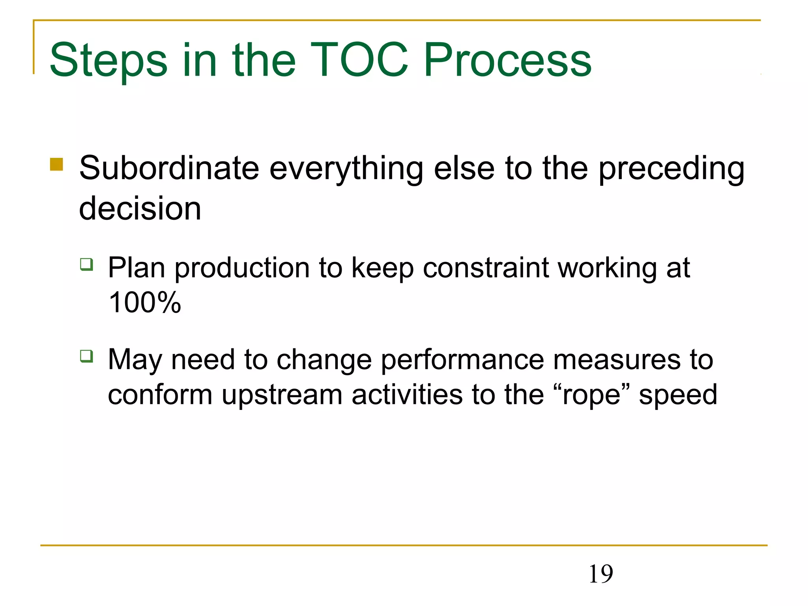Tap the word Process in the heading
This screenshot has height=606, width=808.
point(507,60)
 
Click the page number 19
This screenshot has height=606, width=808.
point(600,574)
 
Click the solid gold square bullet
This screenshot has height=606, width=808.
point(56,164)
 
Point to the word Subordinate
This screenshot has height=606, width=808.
point(169,168)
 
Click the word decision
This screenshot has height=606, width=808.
point(140,208)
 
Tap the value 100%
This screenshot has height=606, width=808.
point(144,303)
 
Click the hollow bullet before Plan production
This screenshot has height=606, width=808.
point(86,264)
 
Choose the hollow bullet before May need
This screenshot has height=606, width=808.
point(86,356)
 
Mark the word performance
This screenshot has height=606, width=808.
point(462,360)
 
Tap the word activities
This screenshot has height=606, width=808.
point(407,395)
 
